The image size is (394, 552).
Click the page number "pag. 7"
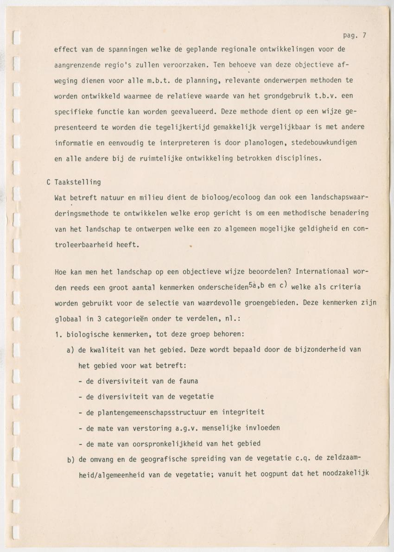[354, 36]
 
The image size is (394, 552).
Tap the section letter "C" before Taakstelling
[49, 182]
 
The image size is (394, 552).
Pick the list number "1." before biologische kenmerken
[58, 334]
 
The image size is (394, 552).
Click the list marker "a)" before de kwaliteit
[71, 349]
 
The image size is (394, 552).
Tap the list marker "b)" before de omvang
[71, 459]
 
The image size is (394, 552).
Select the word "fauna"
[188, 381]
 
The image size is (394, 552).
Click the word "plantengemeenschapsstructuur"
[147, 412]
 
